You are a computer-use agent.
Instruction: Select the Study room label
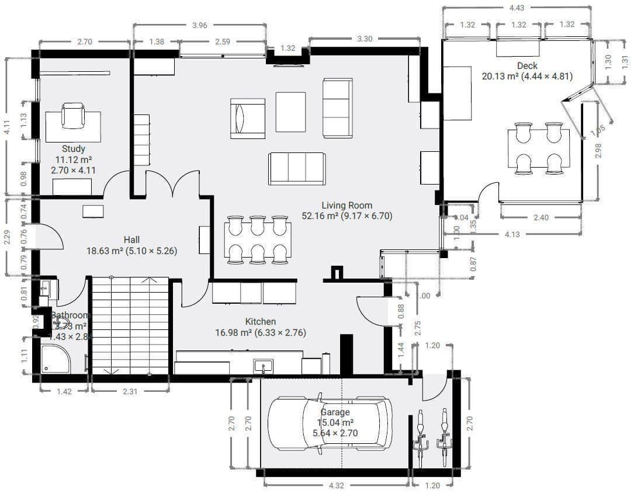74,148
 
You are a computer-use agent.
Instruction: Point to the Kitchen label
261,322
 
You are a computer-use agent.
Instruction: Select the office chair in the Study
73,116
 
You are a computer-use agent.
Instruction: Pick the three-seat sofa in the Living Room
297,168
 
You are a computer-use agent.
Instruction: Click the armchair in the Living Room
247,119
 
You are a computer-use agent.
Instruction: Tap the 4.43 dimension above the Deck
517,8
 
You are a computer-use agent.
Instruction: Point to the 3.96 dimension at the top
200,25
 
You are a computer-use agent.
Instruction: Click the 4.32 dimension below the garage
336,485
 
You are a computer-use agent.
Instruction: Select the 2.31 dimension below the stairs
130,392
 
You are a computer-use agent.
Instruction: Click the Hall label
131,239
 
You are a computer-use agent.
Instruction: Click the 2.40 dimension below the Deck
541,218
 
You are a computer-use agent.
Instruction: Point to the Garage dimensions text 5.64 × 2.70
335,433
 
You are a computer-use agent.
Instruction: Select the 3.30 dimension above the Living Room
365,39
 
